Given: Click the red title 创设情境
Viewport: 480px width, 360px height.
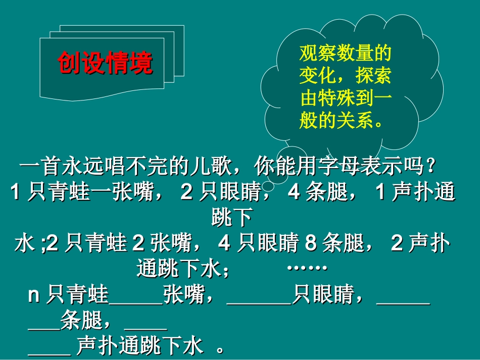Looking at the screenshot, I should pyautogui.click(x=105, y=63).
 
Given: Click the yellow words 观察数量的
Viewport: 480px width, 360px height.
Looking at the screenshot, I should pyautogui.click(x=346, y=53).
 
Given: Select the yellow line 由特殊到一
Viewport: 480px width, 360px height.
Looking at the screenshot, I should pyautogui.click(x=346, y=98).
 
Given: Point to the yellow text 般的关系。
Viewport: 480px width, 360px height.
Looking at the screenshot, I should pyautogui.click(x=342, y=121).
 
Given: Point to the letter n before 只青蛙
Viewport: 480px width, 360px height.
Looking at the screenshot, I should pyautogui.click(x=34, y=295).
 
